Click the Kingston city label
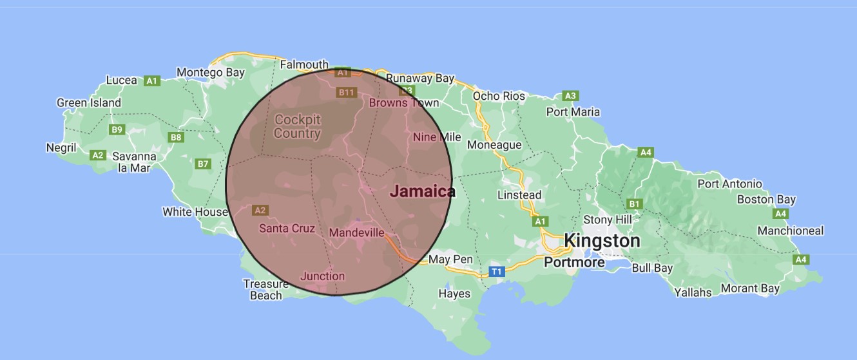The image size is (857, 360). pos(602,242)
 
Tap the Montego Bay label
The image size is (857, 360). pos(210,72)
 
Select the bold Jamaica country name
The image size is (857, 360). pos(423,191)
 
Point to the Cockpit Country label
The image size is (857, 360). pos(297,127)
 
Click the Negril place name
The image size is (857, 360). pos(61,147)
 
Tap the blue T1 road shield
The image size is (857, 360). pos(496,272)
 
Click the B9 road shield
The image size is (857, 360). pos(117,129)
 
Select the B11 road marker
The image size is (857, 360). pos(347,93)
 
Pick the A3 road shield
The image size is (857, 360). pos(570,96)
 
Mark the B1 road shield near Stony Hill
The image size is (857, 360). pos(635,204)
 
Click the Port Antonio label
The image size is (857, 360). pos(729,184)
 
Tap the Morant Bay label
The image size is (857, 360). pos(750,289)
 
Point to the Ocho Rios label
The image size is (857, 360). pos(499,96)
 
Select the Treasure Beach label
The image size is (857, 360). pos(265,290)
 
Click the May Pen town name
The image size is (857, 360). pos(450,260)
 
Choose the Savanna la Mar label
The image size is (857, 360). pos(134,162)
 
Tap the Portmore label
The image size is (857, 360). pos(574,262)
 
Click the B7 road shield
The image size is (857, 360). pos(204,164)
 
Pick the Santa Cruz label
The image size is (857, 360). pos(287,228)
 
